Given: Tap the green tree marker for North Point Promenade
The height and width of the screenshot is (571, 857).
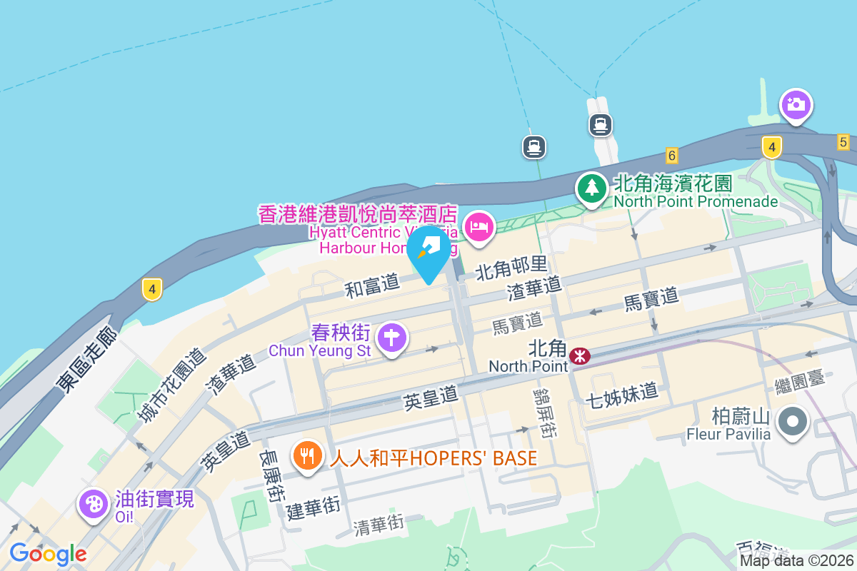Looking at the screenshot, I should pyautogui.click(x=592, y=188).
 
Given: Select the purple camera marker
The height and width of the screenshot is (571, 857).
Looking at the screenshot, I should pyautogui.click(x=795, y=106).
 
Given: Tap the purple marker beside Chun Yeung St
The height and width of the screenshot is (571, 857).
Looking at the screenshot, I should pyautogui.click(x=392, y=337).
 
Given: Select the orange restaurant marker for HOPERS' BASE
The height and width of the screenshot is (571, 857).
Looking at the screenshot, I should pyautogui.click(x=309, y=455).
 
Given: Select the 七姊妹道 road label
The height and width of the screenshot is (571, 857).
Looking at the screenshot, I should pyautogui.click(x=621, y=393).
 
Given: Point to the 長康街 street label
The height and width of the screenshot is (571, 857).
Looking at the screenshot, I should pyautogui.click(x=271, y=476).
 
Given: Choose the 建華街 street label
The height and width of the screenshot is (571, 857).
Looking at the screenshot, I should pyautogui.click(x=313, y=508).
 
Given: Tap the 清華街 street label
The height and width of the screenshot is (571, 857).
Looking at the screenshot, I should pyautogui.click(x=379, y=526).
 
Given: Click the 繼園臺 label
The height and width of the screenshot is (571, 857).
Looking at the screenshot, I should pyautogui.click(x=800, y=382).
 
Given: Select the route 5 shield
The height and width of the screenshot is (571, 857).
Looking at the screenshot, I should pyautogui.click(x=843, y=142).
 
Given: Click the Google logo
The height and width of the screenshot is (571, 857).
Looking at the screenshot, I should pyautogui.click(x=48, y=554).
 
